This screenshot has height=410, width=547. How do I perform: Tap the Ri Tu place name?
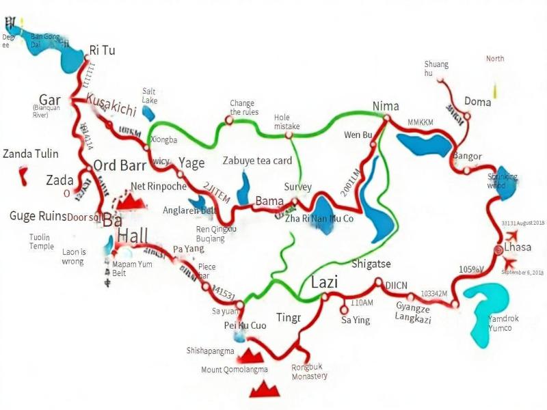[103, 50]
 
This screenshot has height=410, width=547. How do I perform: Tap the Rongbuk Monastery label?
[309, 371]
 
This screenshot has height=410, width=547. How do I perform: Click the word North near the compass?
[495, 59]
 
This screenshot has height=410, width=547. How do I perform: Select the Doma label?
[477, 102]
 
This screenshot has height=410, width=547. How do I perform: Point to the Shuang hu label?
[436, 69]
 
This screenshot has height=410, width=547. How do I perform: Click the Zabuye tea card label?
[258, 161]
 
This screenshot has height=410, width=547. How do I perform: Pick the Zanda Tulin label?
[31, 154]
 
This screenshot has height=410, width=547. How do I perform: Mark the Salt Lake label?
[150, 95]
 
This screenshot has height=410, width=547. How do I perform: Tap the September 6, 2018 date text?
[522, 272]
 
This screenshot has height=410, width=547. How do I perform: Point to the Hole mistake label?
[286, 122]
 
